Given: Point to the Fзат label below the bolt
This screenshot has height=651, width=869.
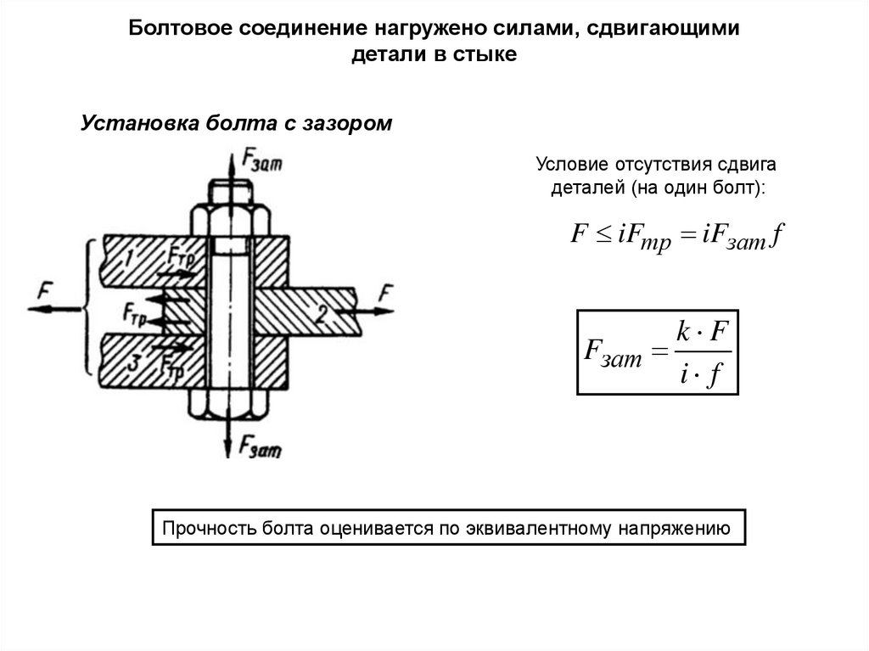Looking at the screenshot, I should coord(261,444).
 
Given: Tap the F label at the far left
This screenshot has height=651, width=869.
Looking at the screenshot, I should coord(43,291).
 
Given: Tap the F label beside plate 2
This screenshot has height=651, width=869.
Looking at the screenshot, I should coord(385,294).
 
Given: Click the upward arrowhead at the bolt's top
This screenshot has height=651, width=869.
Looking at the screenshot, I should coord(230,154).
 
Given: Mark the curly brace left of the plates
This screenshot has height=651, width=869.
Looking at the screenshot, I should coord(87,306).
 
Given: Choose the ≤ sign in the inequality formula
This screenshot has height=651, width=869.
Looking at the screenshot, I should coord(602,234).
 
